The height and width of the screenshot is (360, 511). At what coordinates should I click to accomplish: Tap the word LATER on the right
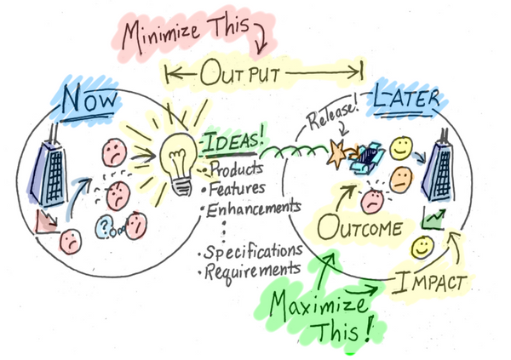[x=405, y=99]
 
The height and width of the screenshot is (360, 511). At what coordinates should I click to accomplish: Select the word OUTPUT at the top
[x=264, y=75]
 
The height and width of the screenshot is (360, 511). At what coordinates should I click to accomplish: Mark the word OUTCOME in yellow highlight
[x=359, y=230]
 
